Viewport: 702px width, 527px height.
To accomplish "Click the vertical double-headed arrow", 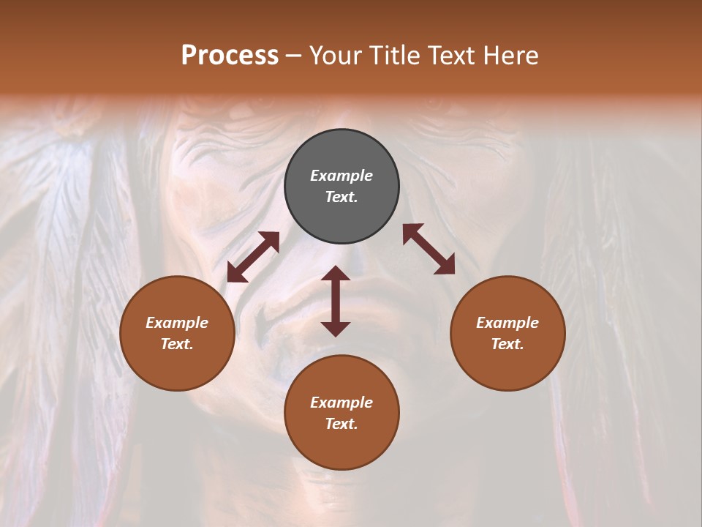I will point(336,301).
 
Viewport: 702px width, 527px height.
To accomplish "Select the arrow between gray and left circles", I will point(253,257).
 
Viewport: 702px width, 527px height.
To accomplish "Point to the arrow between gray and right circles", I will point(429,249).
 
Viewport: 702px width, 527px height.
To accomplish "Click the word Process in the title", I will point(230,56).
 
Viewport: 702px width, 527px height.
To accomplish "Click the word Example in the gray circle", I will point(341,176).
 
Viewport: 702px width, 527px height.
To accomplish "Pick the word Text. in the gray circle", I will point(341,197).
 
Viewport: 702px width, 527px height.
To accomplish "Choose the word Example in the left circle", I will point(177,323).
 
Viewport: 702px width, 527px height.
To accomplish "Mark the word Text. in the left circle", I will point(177,344).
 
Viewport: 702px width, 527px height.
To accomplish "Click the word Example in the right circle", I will point(507,323).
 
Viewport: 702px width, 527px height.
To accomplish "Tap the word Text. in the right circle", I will point(507,344).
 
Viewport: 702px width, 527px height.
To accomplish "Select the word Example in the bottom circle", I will point(341,403).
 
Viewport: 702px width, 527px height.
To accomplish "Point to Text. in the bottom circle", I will point(341,424).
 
